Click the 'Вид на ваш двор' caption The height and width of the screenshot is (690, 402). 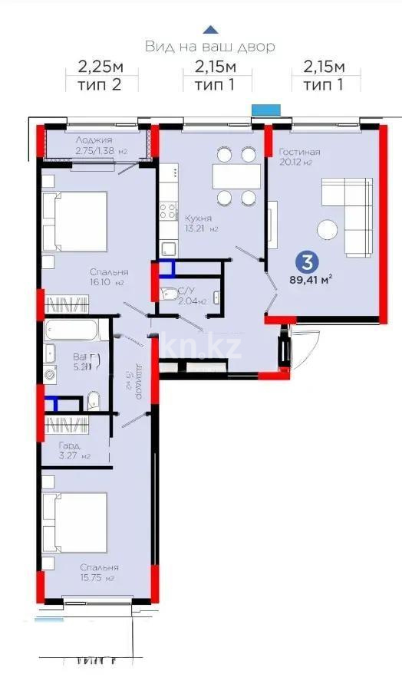click(209, 47)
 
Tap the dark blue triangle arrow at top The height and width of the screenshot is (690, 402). click(209, 30)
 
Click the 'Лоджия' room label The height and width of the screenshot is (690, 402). click(94, 140)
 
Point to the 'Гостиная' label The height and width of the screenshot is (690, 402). click(299, 152)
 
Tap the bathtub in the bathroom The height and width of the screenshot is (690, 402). click(71, 332)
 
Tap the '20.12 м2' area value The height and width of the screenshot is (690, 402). click(295, 163)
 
